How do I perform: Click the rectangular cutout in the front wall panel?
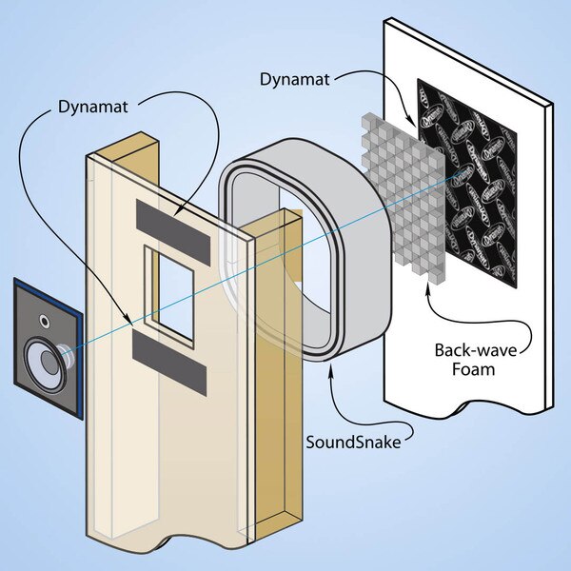[170, 290]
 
